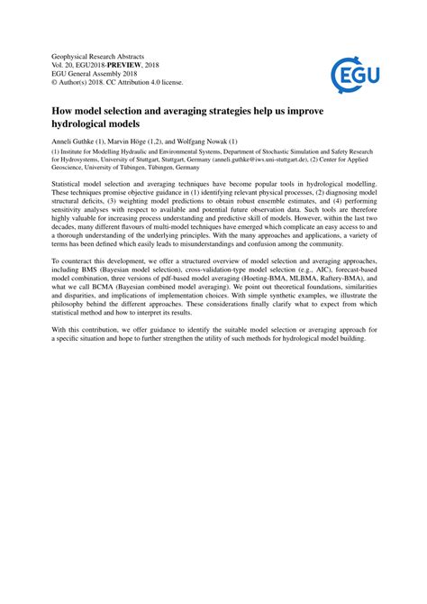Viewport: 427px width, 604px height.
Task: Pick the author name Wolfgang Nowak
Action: (x=208, y=143)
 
